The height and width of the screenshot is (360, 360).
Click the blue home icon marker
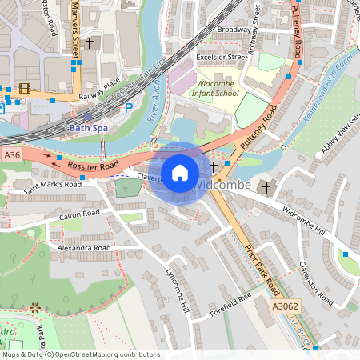(180, 172)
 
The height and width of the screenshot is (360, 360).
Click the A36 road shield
(11, 154)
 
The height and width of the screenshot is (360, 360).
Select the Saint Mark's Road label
(53, 184)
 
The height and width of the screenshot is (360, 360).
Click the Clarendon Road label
(314, 281)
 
